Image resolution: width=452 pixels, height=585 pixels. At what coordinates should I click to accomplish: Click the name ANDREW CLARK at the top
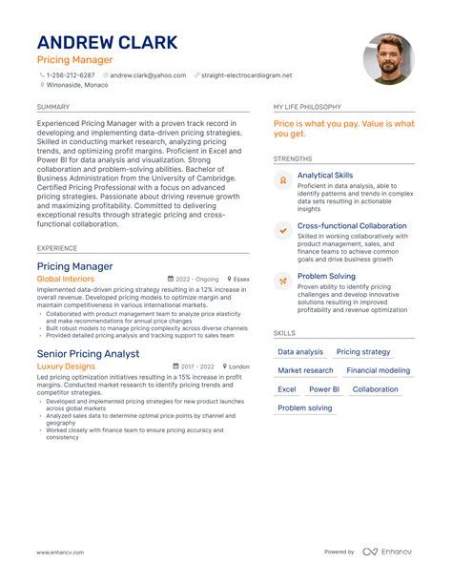point(107,43)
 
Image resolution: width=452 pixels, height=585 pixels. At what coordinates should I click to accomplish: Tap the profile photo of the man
point(389,58)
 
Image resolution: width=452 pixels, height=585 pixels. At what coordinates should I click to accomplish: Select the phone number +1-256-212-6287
point(71,74)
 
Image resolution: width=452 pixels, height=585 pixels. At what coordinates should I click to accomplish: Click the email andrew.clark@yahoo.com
point(148,74)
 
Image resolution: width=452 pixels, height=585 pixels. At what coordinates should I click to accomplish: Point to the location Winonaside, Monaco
point(76,85)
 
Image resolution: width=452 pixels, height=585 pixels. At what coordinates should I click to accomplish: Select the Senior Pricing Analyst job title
point(88,354)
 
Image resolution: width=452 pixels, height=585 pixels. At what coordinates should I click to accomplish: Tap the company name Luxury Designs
point(66,366)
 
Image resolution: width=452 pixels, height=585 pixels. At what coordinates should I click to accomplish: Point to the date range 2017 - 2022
point(199,366)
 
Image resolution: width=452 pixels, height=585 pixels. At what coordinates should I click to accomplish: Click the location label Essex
point(241,279)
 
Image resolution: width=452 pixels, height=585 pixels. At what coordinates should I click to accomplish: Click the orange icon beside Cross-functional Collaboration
point(282,230)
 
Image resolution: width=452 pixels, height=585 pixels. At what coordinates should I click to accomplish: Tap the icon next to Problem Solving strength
point(282,281)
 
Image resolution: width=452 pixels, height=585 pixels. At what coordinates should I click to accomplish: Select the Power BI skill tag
point(324,389)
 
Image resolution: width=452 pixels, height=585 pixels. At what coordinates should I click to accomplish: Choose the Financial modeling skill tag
point(379,370)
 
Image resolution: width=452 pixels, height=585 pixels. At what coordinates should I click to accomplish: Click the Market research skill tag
point(305,370)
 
